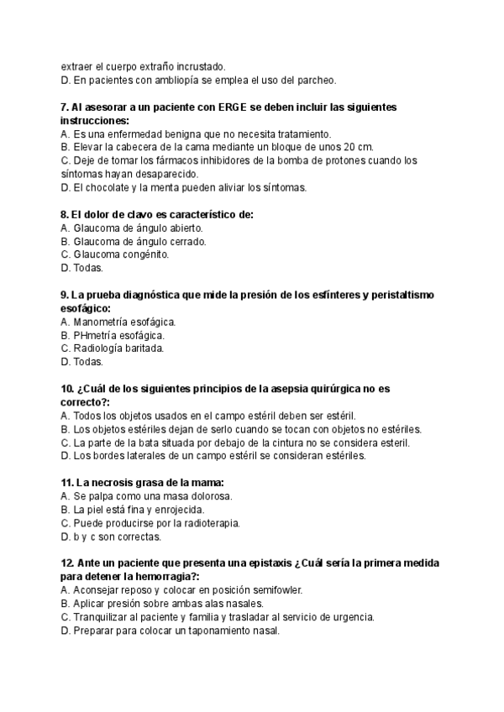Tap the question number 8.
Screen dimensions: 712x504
pos(66,214)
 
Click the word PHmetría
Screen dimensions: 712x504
pos(96,335)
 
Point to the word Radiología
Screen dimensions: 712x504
pos(98,348)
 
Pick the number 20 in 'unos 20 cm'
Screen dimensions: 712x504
pos(319,147)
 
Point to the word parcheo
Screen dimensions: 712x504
pos(316,81)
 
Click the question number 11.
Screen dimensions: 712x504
pos(67,483)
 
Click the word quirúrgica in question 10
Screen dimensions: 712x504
pos(333,389)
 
